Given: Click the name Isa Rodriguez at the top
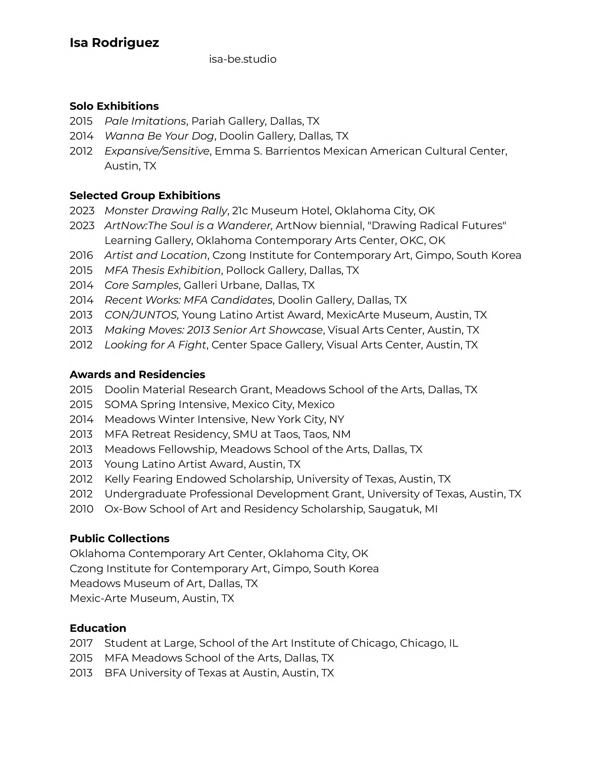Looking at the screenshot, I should point(114,43).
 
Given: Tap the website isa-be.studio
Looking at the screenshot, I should point(243,59).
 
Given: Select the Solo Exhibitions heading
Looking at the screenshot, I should point(114,106).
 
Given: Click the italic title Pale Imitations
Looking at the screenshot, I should point(145,121).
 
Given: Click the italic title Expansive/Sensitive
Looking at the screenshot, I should point(157,151).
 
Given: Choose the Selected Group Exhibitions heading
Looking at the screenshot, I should point(145,195).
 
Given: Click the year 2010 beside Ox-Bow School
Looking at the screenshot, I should point(81,509).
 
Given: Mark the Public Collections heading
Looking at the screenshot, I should point(119,538).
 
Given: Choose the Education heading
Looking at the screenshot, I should point(98,628).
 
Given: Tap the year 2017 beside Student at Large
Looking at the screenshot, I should point(81,643).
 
